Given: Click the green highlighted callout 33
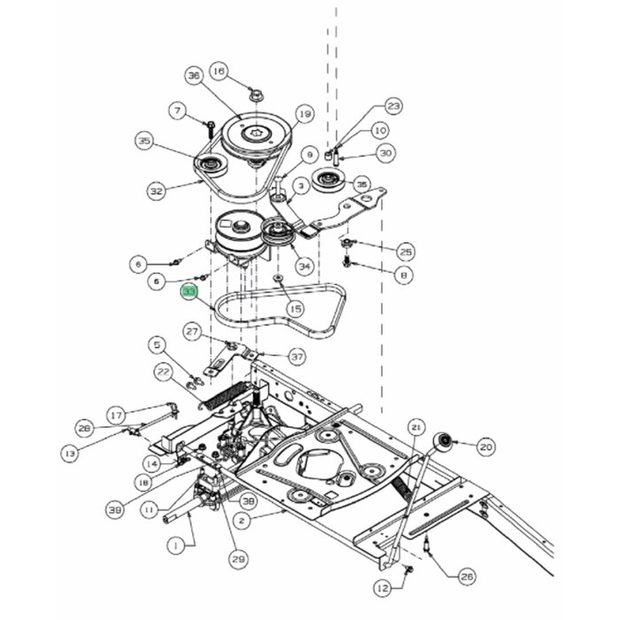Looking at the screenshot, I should (x=189, y=292).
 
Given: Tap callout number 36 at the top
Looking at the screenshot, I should (x=195, y=76).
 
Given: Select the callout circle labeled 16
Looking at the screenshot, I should (x=219, y=71).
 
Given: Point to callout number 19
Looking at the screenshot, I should (x=305, y=113).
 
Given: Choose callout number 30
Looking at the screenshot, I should (x=385, y=153).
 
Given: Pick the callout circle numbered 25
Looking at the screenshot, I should (x=406, y=251).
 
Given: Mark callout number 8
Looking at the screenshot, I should (x=405, y=276).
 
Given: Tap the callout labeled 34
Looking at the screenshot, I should (x=304, y=266).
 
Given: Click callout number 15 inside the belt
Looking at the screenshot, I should (x=295, y=308).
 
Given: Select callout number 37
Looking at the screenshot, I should (x=297, y=356).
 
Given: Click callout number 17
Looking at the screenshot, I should (x=116, y=414).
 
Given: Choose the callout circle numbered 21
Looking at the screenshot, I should (x=416, y=428).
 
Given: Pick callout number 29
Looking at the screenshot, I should (x=238, y=559).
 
